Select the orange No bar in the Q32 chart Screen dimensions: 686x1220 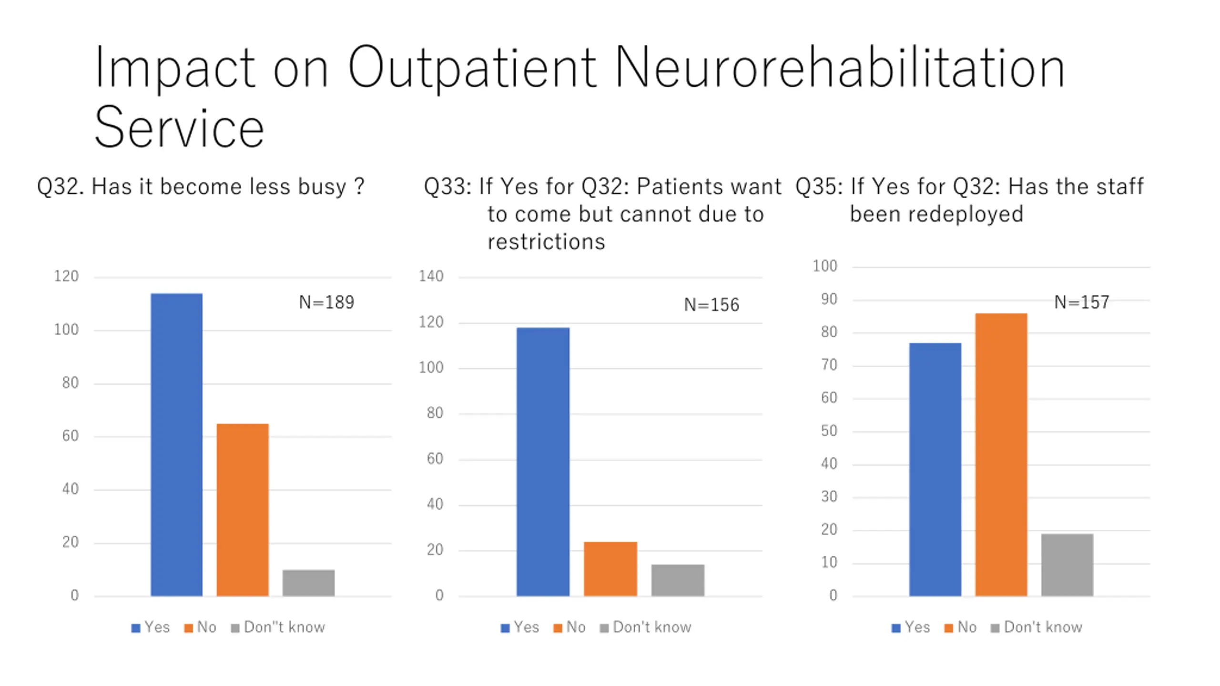[x=243, y=510]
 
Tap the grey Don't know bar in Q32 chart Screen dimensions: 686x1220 [x=308, y=583]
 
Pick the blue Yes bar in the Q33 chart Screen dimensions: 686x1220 [x=543, y=462]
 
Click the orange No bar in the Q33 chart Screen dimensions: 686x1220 [x=610, y=569]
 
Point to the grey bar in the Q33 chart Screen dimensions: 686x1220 [x=678, y=580]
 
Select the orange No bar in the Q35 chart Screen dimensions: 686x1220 [x=1001, y=454]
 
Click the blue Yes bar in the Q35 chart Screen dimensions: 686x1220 [x=935, y=469]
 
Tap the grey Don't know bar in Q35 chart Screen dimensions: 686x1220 [x=1067, y=565]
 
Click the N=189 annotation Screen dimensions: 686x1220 [x=326, y=302]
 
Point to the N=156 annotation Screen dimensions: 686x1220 [x=712, y=304]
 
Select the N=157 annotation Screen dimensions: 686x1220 [x=1082, y=302]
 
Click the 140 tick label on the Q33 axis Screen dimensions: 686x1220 [x=431, y=276]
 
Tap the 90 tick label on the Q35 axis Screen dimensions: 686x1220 [x=829, y=299]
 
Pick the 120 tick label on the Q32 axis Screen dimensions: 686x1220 [x=66, y=276]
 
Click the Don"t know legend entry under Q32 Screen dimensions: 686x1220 [x=284, y=627]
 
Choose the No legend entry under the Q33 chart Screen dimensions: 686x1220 [x=575, y=627]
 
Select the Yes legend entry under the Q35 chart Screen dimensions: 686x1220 [x=916, y=627]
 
